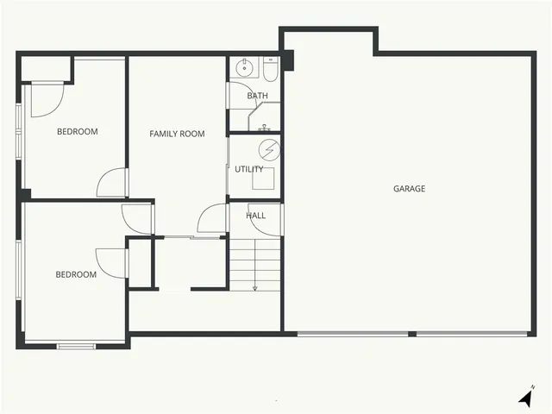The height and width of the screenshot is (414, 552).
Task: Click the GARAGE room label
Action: [x=409, y=188]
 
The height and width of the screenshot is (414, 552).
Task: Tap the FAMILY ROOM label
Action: [x=177, y=134]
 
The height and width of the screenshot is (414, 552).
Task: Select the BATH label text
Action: [x=257, y=96]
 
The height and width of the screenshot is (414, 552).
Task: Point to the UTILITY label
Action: [x=249, y=169]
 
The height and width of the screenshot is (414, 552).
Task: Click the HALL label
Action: [x=255, y=216]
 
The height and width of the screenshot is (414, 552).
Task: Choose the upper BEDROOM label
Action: [x=77, y=132]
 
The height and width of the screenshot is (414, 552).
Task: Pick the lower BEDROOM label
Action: [x=76, y=275]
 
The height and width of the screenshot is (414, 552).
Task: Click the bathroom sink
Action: [x=244, y=67]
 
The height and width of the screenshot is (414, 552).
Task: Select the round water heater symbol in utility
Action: [x=269, y=148]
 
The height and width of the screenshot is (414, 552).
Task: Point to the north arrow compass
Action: [x=525, y=398]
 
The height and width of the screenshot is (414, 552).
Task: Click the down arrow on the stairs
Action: [x=255, y=285]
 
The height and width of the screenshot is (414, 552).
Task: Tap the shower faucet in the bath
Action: [x=263, y=128]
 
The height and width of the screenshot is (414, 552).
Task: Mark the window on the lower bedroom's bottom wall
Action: [x=76, y=347]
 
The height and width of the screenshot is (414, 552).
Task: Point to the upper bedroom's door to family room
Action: [x=114, y=183]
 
